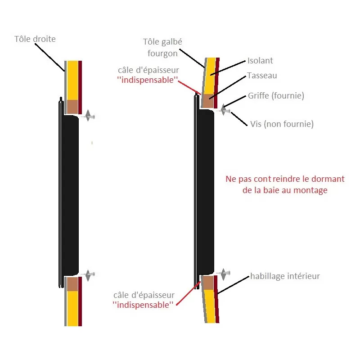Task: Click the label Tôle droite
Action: tap(35, 39)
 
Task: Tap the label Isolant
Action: tap(260, 60)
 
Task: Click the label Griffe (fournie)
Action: tap(276, 96)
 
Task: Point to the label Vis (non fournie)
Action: tap(282, 123)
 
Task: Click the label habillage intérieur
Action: tap(285, 276)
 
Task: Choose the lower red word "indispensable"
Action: tap(143, 305)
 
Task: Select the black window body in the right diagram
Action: tap(205, 193)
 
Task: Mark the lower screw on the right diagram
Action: tap(224, 273)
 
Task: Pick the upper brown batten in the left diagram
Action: tap(72, 106)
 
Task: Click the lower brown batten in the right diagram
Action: tap(207, 282)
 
